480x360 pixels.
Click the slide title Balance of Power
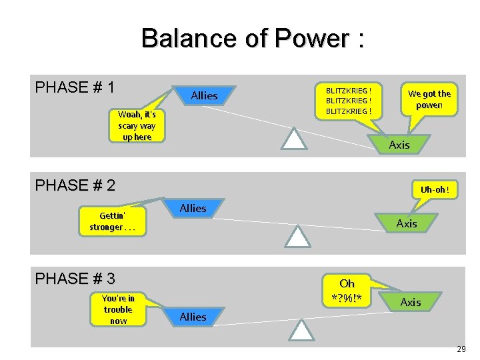pyautogui.click(x=252, y=39)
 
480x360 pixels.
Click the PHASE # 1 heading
pyautogui.click(x=75, y=87)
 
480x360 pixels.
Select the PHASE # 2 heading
pyautogui.click(x=75, y=185)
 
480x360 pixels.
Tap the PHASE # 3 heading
pyautogui.click(x=75, y=278)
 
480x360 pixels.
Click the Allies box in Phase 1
pyautogui.click(x=204, y=96)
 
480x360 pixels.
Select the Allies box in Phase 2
pyautogui.click(x=193, y=209)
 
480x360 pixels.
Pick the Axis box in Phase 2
pyautogui.click(x=406, y=223)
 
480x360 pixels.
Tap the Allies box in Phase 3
pyautogui.click(x=193, y=317)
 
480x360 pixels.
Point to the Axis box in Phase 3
pyautogui.click(x=410, y=303)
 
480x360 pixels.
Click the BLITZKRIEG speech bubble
pyautogui.click(x=348, y=100)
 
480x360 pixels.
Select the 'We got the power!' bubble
pyautogui.click(x=429, y=99)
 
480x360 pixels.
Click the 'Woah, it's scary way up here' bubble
pyautogui.click(x=137, y=126)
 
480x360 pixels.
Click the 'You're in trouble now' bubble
pyautogui.click(x=118, y=310)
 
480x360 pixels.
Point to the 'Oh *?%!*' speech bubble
pyautogui.click(x=347, y=291)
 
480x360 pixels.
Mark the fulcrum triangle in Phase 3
pyautogui.click(x=301, y=331)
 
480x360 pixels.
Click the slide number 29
pyautogui.click(x=461, y=349)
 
